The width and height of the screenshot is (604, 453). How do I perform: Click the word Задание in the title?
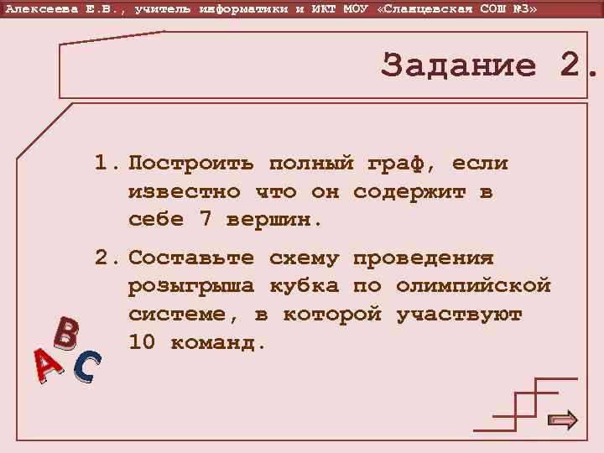[458, 66]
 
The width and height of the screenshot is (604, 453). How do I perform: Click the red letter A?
[49, 367]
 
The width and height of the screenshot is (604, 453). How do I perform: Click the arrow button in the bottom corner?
[562, 419]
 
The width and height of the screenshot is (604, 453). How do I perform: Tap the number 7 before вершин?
[205, 220]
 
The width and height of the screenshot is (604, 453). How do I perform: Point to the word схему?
[304, 258]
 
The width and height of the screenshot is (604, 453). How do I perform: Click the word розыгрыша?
[190, 286]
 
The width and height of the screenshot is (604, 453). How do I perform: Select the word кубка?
[304, 286]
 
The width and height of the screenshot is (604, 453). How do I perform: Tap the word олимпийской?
[473, 286]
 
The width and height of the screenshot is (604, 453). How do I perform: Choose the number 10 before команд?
[142, 342]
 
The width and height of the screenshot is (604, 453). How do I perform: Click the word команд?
[219, 342]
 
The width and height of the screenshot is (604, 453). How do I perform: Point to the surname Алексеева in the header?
[38, 8]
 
